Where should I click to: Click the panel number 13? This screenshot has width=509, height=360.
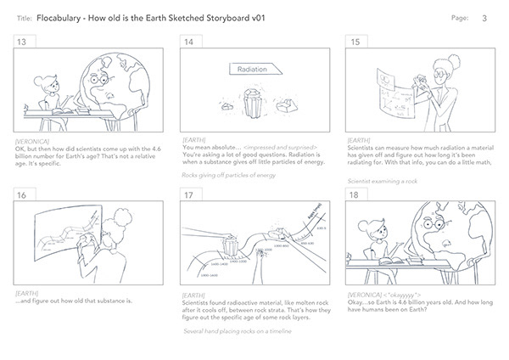click(x=23, y=42)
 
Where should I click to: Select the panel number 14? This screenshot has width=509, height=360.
click(x=188, y=42)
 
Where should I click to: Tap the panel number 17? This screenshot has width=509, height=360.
click(x=188, y=194)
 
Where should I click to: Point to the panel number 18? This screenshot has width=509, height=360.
click(x=355, y=194)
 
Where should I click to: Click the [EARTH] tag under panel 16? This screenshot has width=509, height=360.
click(x=27, y=293)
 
